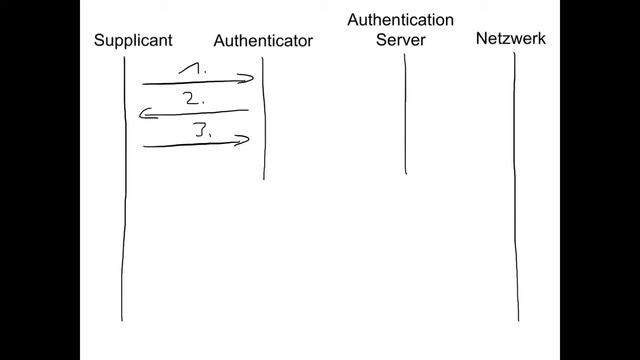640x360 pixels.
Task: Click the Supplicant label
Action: tap(133, 40)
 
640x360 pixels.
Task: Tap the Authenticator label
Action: tap(263, 41)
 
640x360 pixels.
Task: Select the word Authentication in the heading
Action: tap(400, 20)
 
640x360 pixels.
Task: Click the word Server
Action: tap(400, 40)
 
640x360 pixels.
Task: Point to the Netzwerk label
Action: tap(511, 39)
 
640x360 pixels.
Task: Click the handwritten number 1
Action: tap(196, 69)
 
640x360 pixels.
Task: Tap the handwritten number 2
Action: tap(194, 98)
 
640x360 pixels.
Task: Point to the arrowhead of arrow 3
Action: tap(242, 141)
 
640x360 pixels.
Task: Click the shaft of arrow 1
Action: tap(190, 82)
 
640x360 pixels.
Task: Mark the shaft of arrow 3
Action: tap(190, 146)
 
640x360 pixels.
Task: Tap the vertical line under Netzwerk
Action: tap(516, 200)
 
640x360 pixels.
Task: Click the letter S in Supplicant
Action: tap(99, 40)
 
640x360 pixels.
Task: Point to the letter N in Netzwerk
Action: tap(482, 39)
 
